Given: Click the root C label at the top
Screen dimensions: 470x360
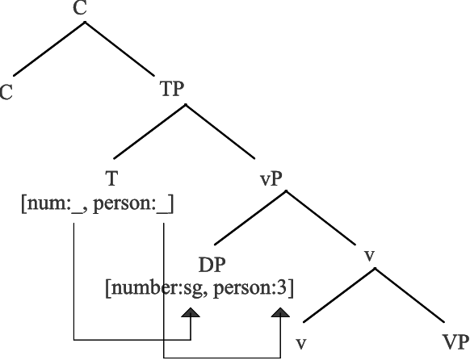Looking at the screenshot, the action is pos(80,8).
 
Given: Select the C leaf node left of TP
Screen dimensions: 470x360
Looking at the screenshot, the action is pos(6,92).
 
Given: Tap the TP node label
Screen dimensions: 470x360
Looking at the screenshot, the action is pos(172,89).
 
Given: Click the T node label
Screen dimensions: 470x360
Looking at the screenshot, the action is pos(111,178).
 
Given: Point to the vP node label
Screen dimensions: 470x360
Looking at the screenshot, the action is pos(271,179).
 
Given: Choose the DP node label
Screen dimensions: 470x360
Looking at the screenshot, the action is pos(212,265).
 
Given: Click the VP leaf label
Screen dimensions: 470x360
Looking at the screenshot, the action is pos(455,341).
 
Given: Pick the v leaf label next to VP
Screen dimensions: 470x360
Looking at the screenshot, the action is pos(301,344).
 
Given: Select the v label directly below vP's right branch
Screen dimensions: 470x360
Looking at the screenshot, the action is pos(370,257).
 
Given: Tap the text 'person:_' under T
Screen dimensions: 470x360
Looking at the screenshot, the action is pos(131,205).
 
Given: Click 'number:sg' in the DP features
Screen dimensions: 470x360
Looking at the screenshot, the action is pos(157,289).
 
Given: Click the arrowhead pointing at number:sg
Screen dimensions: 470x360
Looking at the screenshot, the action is pos(191,312).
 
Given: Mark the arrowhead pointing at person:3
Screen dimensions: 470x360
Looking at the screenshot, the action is pos(280,312).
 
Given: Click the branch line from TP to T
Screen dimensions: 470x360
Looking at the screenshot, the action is pos(149,132).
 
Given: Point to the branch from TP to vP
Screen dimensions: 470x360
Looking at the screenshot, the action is pos(220,132).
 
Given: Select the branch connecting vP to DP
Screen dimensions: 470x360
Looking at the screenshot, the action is pos(250,218).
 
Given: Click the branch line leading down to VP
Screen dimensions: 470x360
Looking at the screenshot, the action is pos(409,295).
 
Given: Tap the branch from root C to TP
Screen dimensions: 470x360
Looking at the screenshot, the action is pos(120,48).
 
